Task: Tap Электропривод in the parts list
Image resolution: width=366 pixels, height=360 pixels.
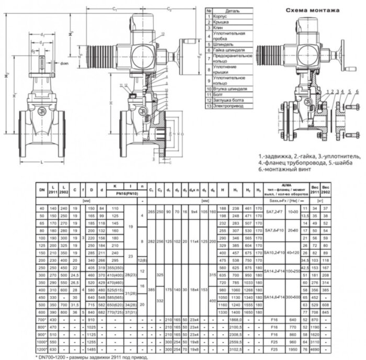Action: click(x=228, y=106)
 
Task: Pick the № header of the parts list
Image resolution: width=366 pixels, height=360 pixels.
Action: click(x=209, y=10)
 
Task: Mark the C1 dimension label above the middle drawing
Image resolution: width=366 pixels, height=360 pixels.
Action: click(x=114, y=9)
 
